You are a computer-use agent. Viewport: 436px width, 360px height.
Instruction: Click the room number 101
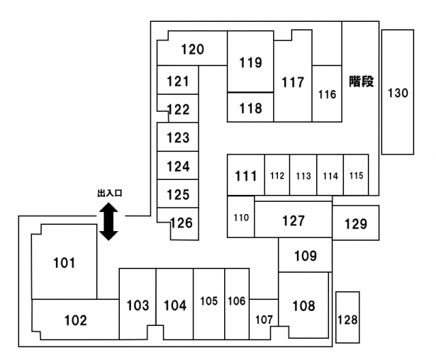tap(64, 263)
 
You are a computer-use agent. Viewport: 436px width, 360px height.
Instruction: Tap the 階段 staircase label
tap(361, 82)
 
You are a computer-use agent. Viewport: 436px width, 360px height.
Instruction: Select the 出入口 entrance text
tap(110, 193)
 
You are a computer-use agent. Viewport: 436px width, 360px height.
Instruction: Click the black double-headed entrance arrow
tap(109, 222)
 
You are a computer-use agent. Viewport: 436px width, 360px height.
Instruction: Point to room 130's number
tap(398, 93)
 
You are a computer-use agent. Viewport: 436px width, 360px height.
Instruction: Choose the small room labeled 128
tap(347, 317)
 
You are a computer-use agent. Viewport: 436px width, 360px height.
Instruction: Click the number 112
tap(277, 176)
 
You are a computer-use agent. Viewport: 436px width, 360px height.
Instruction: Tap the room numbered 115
tap(356, 175)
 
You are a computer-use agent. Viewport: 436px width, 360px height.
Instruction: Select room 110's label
tap(241, 217)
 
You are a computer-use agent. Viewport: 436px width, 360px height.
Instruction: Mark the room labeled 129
tap(356, 222)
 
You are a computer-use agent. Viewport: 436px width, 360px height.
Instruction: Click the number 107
tap(264, 320)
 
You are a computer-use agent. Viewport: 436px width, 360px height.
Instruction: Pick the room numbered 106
tap(237, 304)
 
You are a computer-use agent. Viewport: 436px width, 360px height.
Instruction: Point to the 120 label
tap(192, 50)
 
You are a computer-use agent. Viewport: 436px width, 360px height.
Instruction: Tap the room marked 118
tap(250, 107)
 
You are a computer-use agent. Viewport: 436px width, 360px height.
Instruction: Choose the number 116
tap(327, 95)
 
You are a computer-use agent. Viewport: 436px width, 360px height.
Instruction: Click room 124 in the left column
tap(178, 166)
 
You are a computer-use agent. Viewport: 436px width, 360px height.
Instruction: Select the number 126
tap(181, 223)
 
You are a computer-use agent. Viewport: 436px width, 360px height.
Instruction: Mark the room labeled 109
tap(305, 254)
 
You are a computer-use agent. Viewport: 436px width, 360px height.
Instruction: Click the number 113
tap(303, 176)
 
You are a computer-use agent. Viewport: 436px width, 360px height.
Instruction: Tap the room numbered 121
tap(178, 80)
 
